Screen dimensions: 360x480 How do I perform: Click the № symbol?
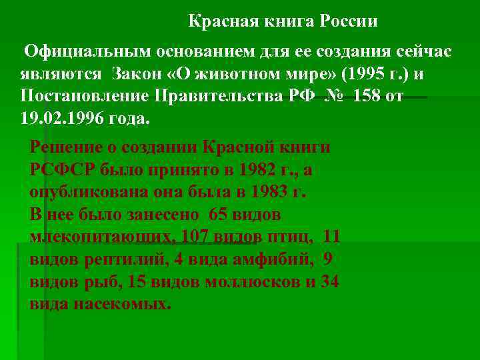337,95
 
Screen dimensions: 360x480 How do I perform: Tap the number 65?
219,215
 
